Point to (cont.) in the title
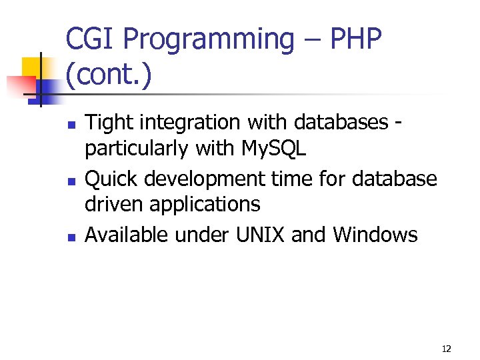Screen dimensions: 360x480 click(x=109, y=77)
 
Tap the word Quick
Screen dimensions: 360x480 click(x=111, y=179)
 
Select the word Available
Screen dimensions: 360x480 click(x=127, y=235)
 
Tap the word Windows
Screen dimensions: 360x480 click(x=375, y=235)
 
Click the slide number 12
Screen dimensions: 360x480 click(x=446, y=349)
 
